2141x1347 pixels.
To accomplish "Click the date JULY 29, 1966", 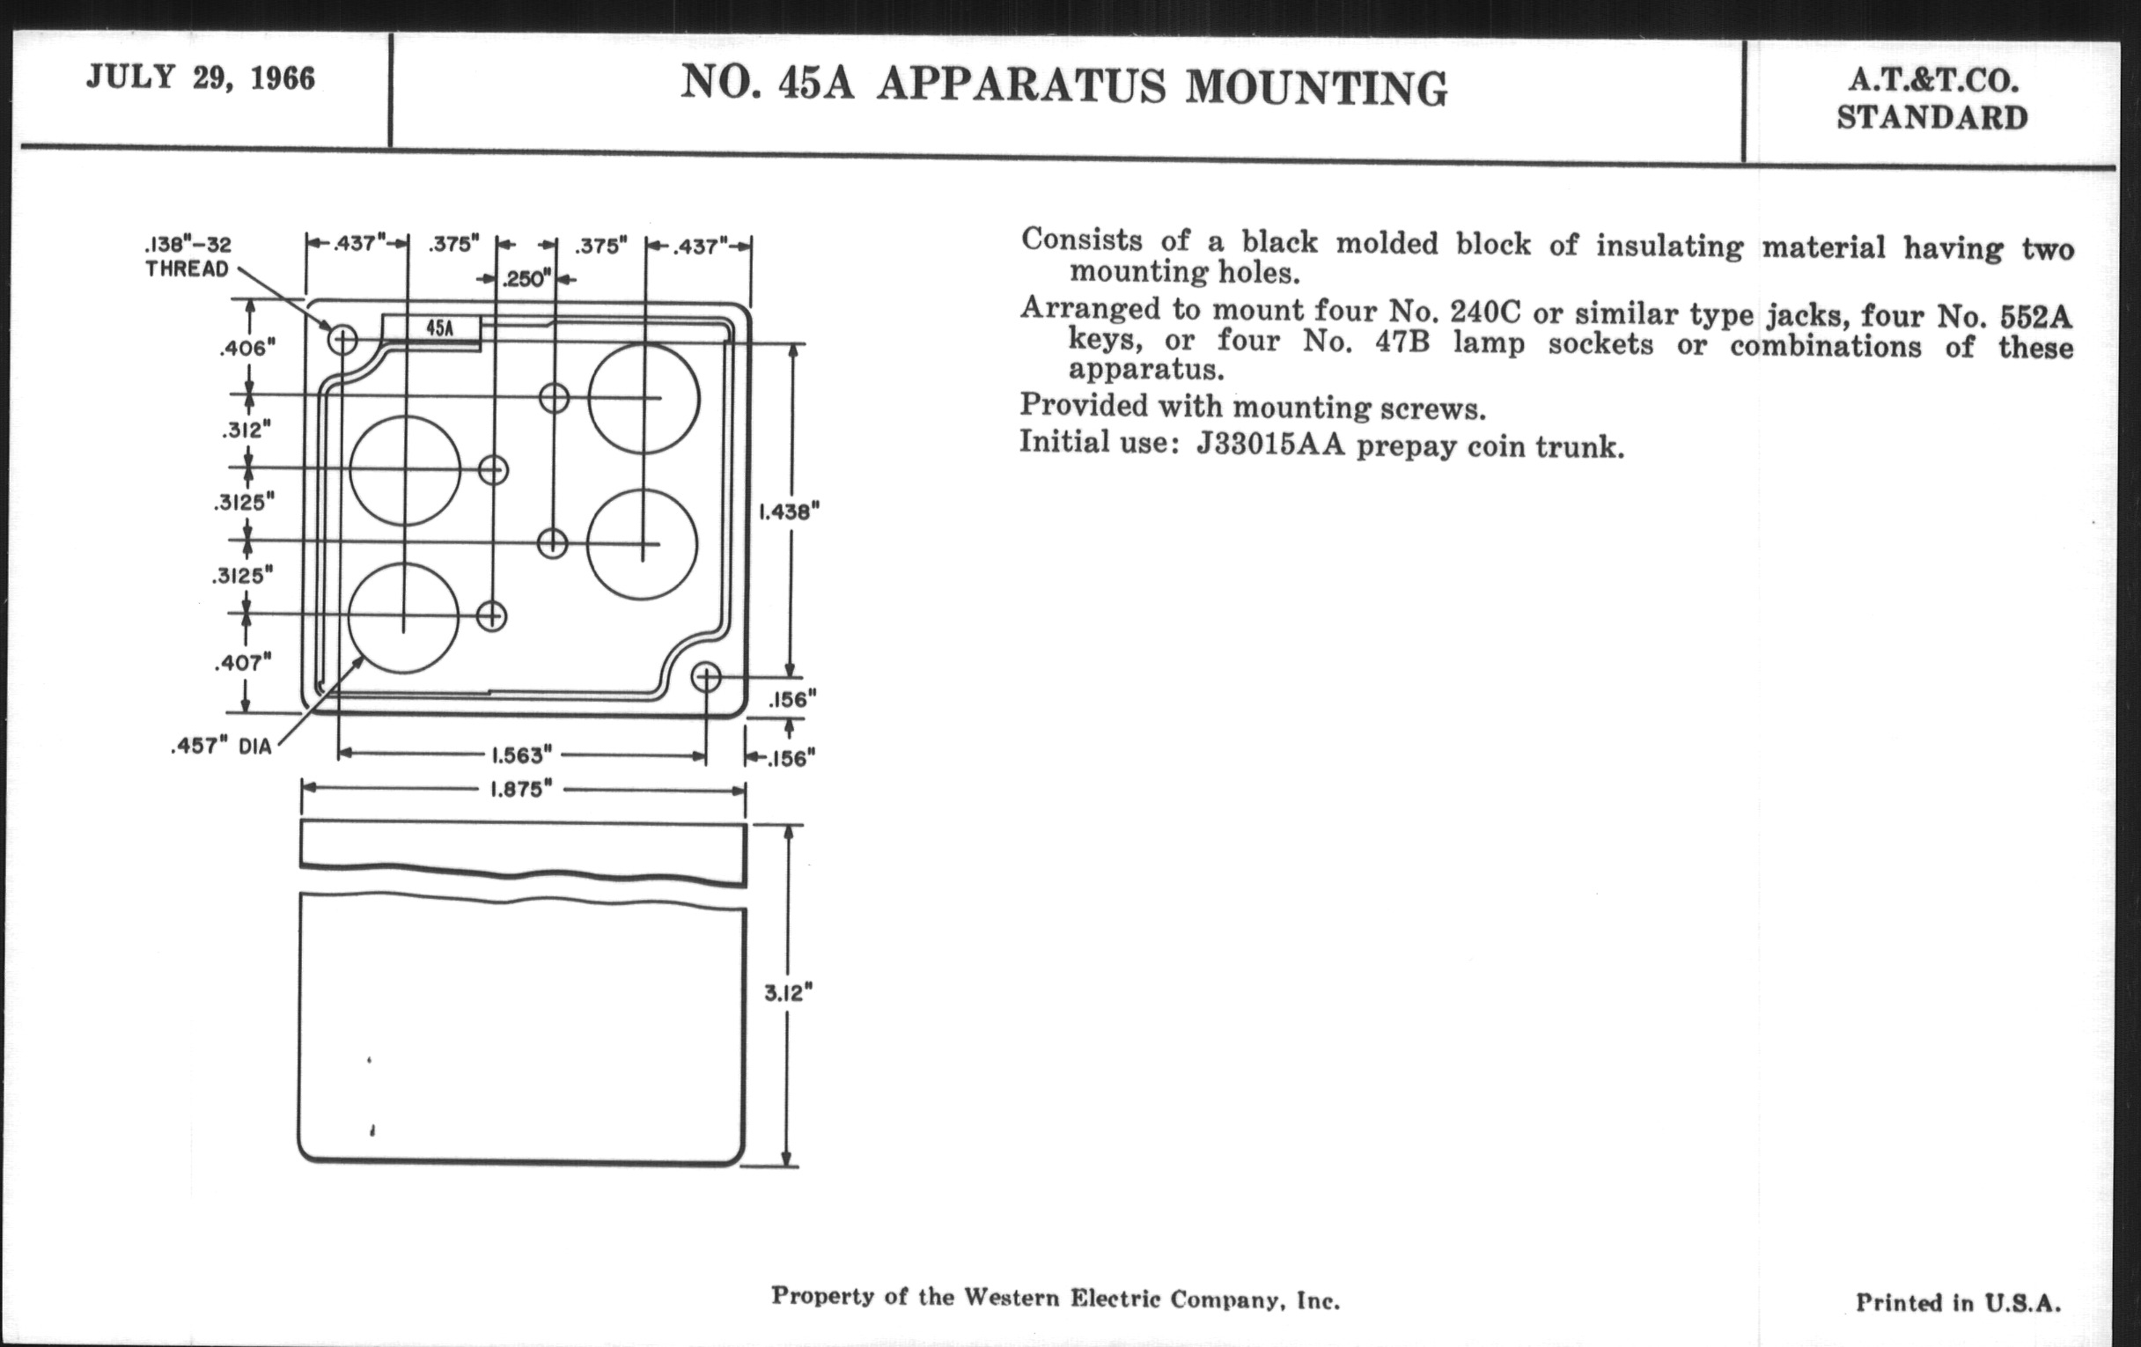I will coord(201,79).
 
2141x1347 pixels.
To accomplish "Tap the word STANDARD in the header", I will coord(1932,118).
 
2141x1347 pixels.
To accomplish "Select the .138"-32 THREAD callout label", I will coord(188,257).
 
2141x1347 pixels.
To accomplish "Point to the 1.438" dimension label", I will coord(788,512).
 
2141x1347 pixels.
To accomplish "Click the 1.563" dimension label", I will coord(522,755).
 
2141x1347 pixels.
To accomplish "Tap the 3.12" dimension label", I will coord(789,993).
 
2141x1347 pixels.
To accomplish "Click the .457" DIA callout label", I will coord(220,747).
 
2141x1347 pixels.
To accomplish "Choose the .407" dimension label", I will coord(242,662).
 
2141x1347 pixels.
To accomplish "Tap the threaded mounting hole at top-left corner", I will coord(343,339).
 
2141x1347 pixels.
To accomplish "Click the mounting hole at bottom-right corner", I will coord(706,679).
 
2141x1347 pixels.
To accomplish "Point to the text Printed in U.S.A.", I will coord(1958,1303).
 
